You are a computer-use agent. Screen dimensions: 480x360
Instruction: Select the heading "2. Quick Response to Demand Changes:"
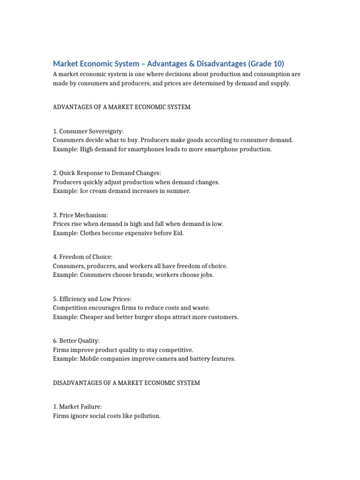tap(107, 173)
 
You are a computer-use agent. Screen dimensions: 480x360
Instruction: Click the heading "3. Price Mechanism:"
tap(81, 215)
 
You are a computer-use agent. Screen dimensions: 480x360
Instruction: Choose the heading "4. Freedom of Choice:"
tap(83, 257)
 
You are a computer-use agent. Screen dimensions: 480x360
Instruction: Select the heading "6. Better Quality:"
tap(76, 341)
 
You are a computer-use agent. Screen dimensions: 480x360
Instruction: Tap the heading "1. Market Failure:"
tap(77, 407)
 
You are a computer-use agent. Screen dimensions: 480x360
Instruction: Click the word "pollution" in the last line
tap(146, 416)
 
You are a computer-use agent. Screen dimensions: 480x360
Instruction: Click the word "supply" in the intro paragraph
tap(280, 83)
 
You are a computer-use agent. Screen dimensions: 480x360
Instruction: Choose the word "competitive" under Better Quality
tap(175, 350)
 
